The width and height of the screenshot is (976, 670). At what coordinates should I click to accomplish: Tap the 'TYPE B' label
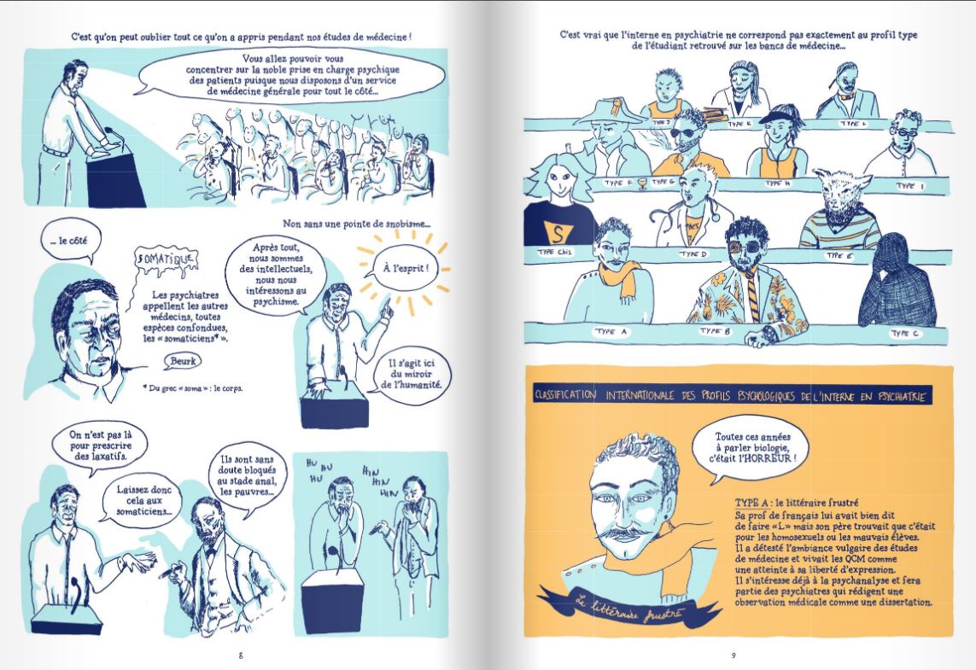click(716, 330)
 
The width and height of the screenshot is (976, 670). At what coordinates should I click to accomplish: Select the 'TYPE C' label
click(902, 334)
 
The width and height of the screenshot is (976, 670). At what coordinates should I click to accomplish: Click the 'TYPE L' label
click(854, 124)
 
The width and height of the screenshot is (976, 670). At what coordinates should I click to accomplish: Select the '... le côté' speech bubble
click(67, 242)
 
